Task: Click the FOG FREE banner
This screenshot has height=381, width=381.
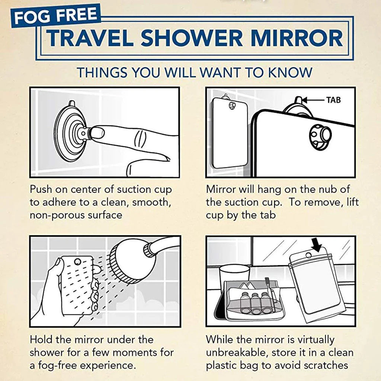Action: (56, 15)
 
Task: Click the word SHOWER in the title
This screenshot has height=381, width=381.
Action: (192, 38)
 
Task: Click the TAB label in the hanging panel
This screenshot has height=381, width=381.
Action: (333, 100)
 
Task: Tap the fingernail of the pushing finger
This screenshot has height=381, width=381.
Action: (98, 134)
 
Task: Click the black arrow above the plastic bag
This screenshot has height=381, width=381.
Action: (317, 244)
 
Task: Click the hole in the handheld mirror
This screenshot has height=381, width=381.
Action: (77, 262)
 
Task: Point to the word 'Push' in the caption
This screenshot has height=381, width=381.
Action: (41, 189)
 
